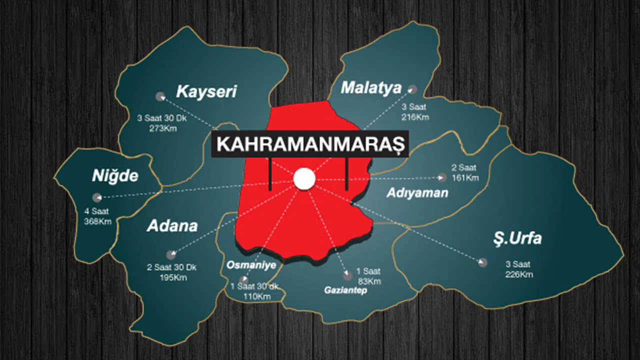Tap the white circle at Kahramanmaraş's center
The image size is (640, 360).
[304, 179]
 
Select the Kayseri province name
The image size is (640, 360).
[206, 91]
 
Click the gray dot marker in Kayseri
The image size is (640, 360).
[160, 96]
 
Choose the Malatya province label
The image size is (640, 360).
[371, 88]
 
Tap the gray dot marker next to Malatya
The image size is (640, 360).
[412, 89]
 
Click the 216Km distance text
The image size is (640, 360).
[414, 117]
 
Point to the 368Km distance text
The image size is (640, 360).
[98, 221]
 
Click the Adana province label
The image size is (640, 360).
[172, 226]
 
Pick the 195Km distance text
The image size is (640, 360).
[172, 277]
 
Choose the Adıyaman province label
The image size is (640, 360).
[417, 193]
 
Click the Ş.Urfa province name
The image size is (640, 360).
[515, 238]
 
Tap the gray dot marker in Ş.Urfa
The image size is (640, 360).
[482, 262]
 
